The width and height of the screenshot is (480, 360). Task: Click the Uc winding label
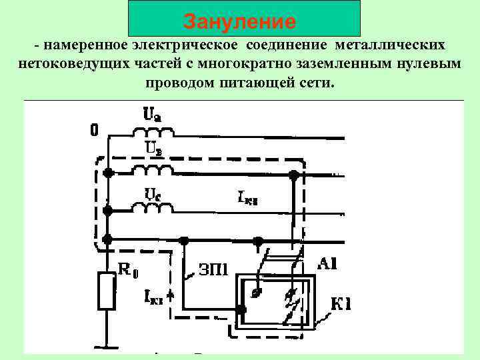(x=152, y=193)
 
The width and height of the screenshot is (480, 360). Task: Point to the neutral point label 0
(x=94, y=131)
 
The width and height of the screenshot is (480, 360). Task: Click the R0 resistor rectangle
(x=107, y=291)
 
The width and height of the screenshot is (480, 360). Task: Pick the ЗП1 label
(x=213, y=269)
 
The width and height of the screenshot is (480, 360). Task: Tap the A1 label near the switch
(x=327, y=265)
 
